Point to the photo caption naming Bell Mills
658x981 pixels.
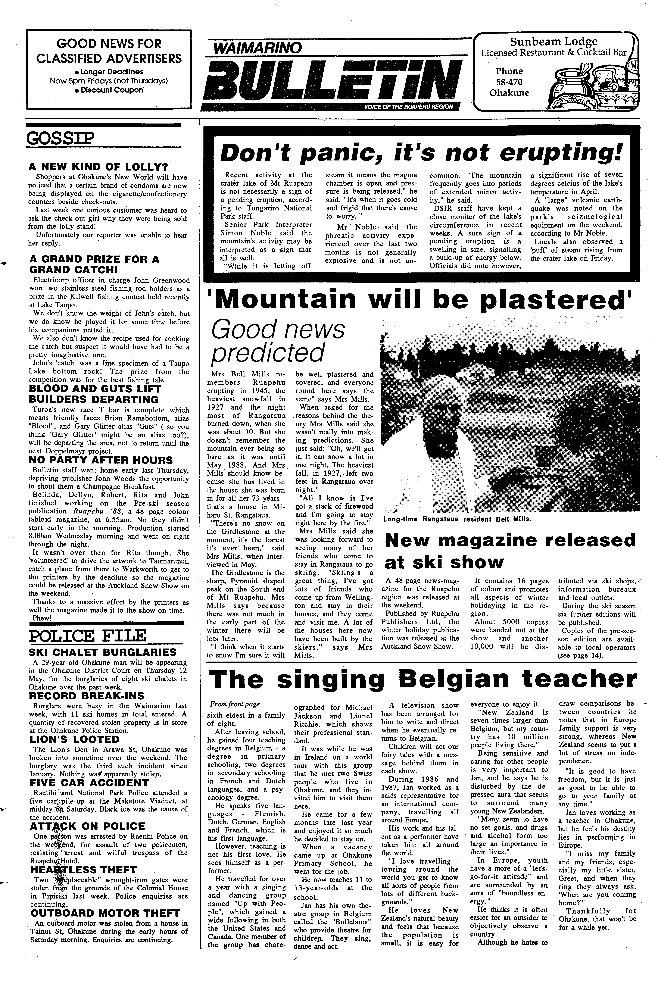click(457, 519)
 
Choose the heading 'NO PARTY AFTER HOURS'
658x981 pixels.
click(101, 460)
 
